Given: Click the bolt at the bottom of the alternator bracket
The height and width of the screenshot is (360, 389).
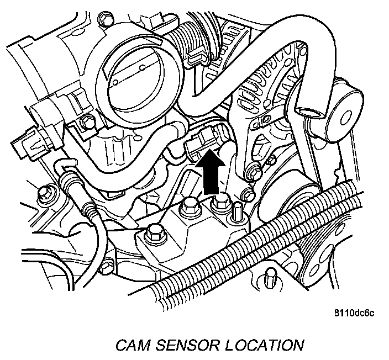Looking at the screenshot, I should [x=255, y=172].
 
